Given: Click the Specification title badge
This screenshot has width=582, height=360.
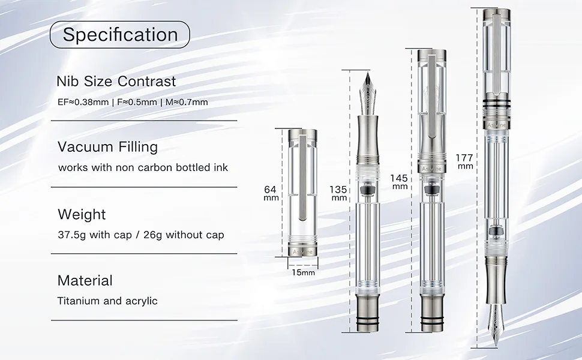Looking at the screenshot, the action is (x=120, y=35).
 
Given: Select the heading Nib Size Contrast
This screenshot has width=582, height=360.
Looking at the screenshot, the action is (x=116, y=81).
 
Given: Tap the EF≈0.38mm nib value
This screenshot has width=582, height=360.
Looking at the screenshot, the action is (x=83, y=102).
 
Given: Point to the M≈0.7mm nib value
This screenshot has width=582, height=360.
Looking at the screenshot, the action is (x=187, y=102).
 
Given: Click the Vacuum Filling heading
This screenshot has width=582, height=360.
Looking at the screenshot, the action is (x=107, y=147).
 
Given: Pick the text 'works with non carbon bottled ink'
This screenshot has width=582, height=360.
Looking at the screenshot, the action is (x=143, y=167).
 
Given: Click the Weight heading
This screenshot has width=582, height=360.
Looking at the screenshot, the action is (x=82, y=215).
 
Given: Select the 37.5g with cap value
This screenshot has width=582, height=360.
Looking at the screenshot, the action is (x=95, y=235).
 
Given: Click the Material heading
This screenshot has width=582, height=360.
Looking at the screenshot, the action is (x=85, y=281).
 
